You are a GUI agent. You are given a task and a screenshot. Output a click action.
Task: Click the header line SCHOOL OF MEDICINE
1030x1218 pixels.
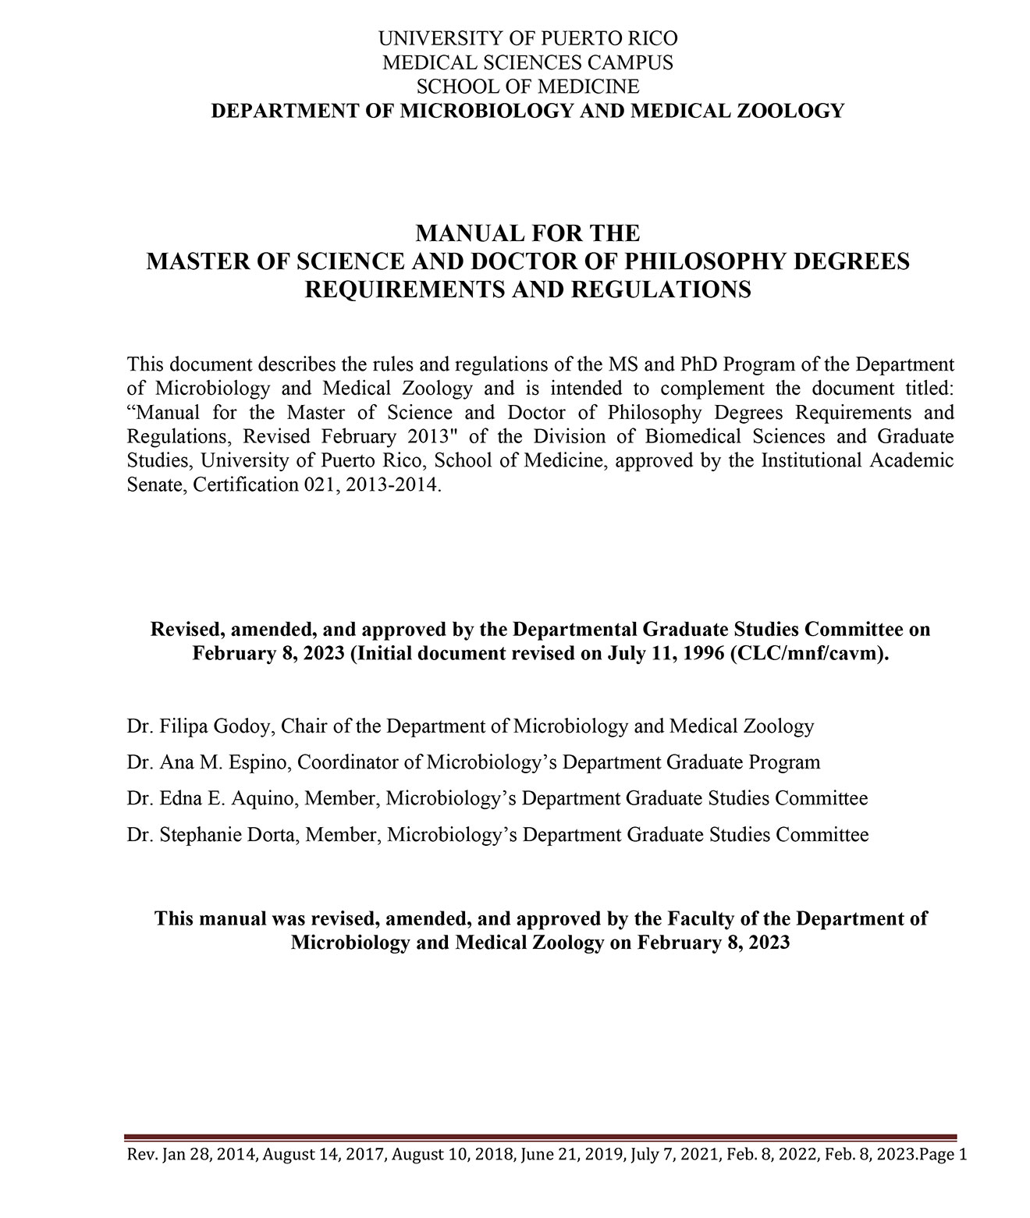527,86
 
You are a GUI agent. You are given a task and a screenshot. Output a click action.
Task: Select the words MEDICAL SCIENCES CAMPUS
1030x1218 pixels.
527,62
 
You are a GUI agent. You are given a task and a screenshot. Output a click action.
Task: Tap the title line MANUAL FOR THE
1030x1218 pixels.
527,233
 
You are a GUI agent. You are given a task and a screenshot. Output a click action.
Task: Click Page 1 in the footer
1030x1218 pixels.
943,1155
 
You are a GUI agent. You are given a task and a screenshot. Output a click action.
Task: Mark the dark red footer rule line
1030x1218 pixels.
541,1138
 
